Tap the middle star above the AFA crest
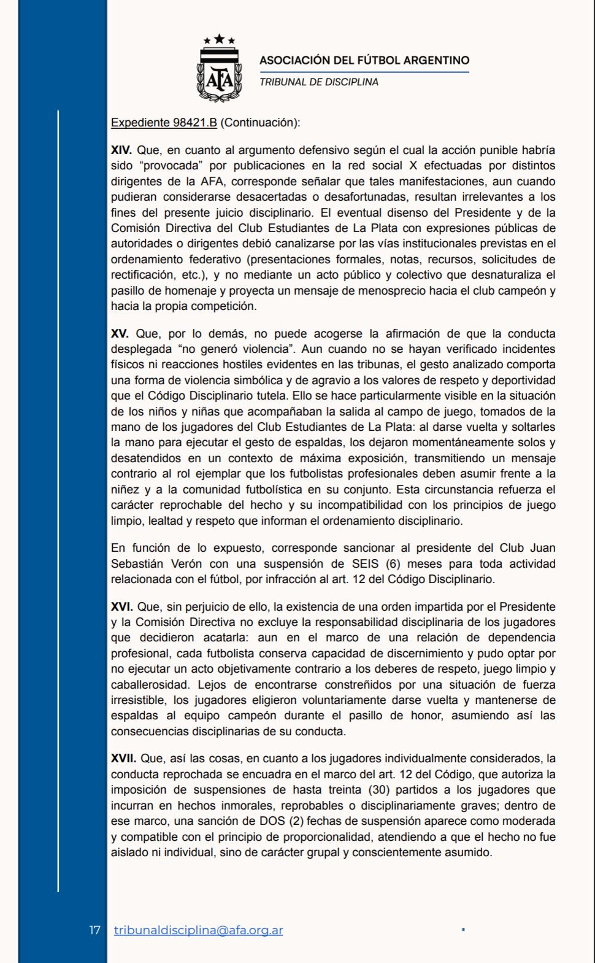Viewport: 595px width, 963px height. (220, 38)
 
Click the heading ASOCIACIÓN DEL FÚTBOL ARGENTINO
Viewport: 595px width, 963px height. (364, 60)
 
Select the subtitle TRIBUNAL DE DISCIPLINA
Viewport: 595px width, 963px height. (319, 82)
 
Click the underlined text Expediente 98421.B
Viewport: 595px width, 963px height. (164, 123)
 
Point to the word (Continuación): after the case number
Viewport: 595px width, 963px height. (260, 123)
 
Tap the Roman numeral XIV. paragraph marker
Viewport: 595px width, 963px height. (121, 150)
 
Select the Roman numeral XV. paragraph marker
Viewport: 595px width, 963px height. (120, 334)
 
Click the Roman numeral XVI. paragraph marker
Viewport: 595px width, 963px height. (121, 606)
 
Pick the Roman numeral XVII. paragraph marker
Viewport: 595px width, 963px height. (123, 759)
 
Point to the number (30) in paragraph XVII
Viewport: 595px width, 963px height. (380, 789)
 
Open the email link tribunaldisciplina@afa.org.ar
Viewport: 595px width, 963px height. (199, 930)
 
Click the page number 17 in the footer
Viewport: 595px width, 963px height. (94, 930)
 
